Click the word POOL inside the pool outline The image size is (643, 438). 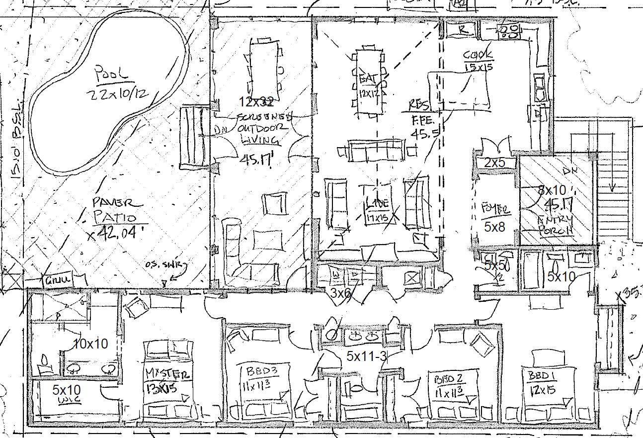pyautogui.click(x=112, y=74)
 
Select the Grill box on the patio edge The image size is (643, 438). pyautogui.click(x=59, y=280)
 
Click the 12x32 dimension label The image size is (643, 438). pyautogui.click(x=256, y=102)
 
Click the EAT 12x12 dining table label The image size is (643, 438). pyautogui.click(x=369, y=85)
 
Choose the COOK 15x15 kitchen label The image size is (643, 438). pyautogui.click(x=478, y=60)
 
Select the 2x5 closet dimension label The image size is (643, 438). pyautogui.click(x=494, y=163)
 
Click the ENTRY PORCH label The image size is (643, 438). pyautogui.click(x=556, y=225)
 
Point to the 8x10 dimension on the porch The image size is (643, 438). pyautogui.click(x=552, y=190)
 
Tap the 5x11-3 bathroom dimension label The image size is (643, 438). pyautogui.click(x=367, y=356)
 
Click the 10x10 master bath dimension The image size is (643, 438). pyautogui.click(x=90, y=344)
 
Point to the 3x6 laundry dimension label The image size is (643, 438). pyautogui.click(x=341, y=293)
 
